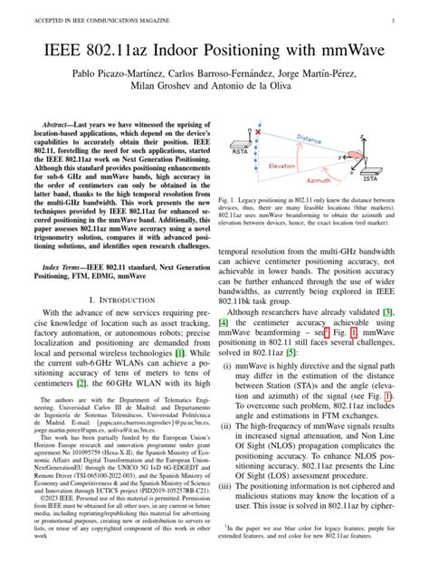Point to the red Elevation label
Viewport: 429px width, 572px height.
(283, 166)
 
